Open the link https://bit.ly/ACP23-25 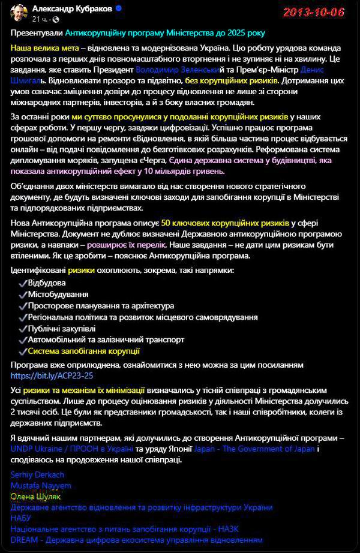pos(52,375)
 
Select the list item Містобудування pos(58,294)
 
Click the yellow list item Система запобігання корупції pos(83,351)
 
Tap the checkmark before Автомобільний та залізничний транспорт pos(22,339)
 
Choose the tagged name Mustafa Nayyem pos(41,485)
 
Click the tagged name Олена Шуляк pos(35,496)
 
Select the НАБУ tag pos(21,518)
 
